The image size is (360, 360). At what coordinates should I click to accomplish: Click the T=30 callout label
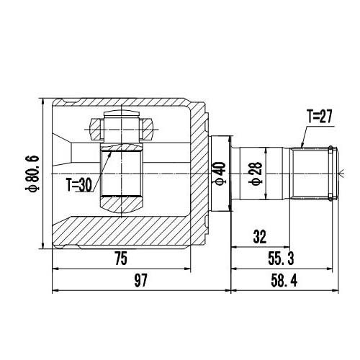tap(78, 184)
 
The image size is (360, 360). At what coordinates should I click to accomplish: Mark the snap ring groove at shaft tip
tap(331, 172)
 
